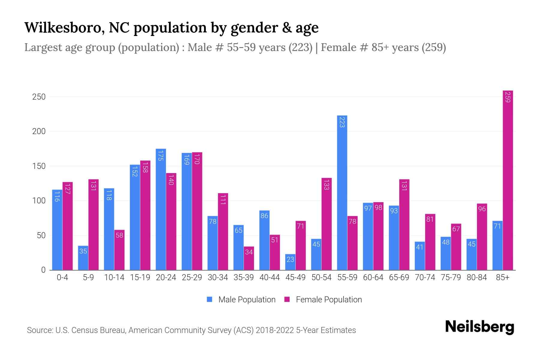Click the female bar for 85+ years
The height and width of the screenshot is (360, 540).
click(x=508, y=180)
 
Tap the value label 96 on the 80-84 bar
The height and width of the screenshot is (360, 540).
click(x=482, y=209)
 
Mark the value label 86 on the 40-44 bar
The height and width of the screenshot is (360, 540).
click(x=264, y=216)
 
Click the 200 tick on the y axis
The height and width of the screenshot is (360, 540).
click(x=39, y=131)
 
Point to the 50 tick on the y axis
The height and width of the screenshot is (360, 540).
click(x=41, y=235)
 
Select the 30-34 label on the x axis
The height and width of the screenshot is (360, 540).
click(x=218, y=277)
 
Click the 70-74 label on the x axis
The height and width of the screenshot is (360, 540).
click(x=425, y=277)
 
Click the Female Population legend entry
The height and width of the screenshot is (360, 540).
click(x=323, y=300)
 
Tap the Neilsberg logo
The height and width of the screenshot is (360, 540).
click(x=479, y=327)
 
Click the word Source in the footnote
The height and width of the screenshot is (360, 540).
click(x=40, y=330)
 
